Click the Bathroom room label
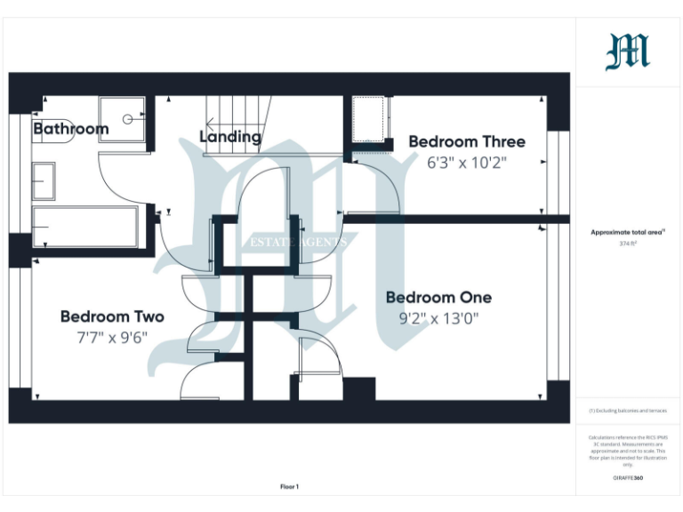click(70, 129)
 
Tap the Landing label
click(230, 137)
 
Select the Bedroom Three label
click(466, 141)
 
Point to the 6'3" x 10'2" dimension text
click(466, 163)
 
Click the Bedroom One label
click(438, 298)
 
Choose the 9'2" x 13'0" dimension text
click(438, 319)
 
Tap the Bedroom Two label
click(112, 316)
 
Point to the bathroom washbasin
click(44, 181)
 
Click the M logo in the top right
click(628, 52)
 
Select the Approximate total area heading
click(628, 232)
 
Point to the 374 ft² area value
click(628, 243)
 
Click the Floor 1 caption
click(289, 486)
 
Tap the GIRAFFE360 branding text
click(628, 479)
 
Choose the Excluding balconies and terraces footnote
click(628, 411)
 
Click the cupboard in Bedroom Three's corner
click(370, 118)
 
